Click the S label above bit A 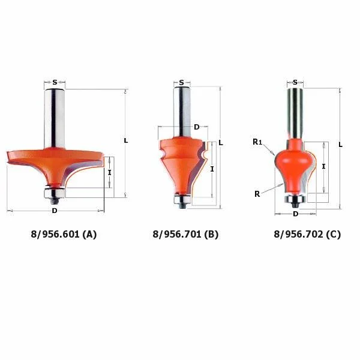tap(55, 82)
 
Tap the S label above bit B tap(182, 82)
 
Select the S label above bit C tap(295, 82)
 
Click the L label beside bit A tap(126, 140)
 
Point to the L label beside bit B tap(221, 143)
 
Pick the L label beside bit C tap(340, 145)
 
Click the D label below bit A tap(55, 211)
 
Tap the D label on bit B tap(197, 127)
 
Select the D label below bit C tap(295, 214)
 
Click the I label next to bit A tap(110, 172)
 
